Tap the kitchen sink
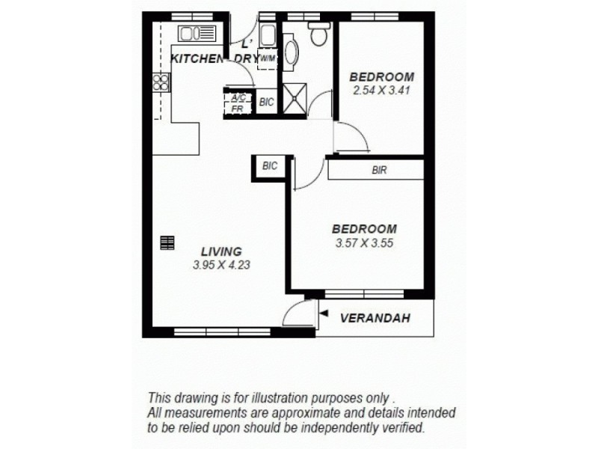click(x=196, y=34)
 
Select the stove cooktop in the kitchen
click(x=160, y=82)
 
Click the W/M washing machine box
click(x=268, y=58)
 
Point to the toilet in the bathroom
click(x=319, y=34)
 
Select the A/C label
click(x=238, y=98)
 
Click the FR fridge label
click(x=237, y=109)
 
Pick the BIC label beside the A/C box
click(x=266, y=103)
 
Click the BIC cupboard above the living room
click(x=270, y=167)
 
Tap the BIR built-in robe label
click(x=379, y=170)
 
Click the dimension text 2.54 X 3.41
click(x=382, y=90)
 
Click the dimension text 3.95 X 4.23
click(x=221, y=264)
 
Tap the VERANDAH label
click(x=375, y=318)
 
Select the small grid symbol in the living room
click(x=167, y=242)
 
